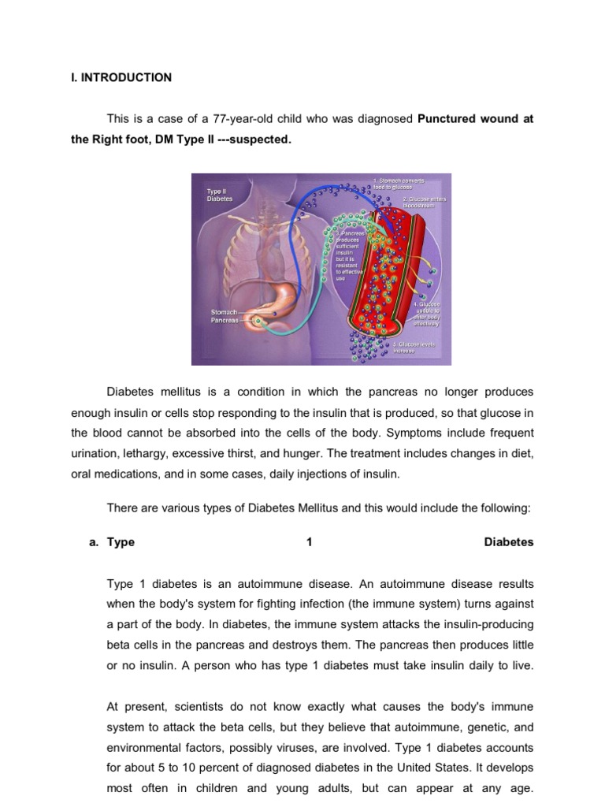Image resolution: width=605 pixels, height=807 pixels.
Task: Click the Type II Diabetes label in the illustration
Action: click(220, 195)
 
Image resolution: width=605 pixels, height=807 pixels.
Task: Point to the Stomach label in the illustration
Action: click(224, 312)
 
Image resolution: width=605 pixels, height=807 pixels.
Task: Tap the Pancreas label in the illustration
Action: click(224, 321)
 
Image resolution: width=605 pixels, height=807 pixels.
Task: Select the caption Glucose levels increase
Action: click(415, 348)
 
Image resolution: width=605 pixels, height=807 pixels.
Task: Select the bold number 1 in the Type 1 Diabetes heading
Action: click(309, 542)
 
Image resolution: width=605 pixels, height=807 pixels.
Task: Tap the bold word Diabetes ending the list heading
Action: click(508, 542)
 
